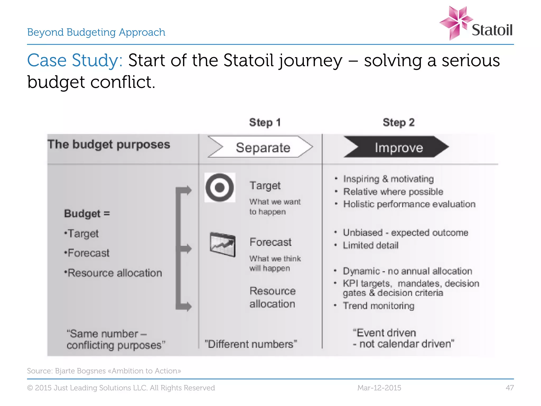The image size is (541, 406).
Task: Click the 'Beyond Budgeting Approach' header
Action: [96, 32]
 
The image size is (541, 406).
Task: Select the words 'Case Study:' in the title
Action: [75, 60]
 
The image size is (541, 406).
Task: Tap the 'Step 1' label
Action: [265, 122]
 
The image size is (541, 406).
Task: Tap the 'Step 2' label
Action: [399, 122]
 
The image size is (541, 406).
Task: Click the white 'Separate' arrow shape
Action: [260, 147]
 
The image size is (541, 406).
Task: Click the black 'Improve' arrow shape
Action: [396, 147]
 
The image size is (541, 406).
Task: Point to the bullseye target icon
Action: [220, 187]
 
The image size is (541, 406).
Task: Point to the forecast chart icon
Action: [222, 244]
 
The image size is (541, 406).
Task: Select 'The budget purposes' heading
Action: [109, 145]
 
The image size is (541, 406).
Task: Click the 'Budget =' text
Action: [87, 213]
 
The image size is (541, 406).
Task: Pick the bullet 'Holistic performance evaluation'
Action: [409, 204]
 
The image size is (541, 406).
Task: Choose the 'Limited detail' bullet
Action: [370, 245]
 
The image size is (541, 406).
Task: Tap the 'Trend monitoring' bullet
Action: [378, 306]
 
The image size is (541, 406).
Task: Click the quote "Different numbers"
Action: [251, 344]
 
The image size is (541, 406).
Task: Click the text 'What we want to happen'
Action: [275, 207]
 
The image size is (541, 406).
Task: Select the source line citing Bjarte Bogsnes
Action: [104, 371]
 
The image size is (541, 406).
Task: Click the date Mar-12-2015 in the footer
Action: [379, 388]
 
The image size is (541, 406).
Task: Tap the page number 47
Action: [510, 388]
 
